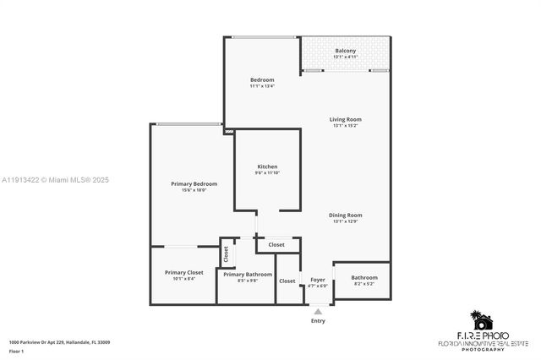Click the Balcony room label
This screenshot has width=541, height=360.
[345, 51]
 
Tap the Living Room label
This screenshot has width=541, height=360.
[345, 119]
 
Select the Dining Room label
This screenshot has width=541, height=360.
[345, 215]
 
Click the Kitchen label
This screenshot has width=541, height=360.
[267, 166]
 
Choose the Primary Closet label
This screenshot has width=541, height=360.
[183, 272]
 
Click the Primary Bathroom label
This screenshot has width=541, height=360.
[248, 274]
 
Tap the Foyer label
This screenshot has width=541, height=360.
[318, 279]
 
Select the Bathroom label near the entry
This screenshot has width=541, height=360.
[364, 277]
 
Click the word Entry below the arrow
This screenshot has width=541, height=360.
[318, 320]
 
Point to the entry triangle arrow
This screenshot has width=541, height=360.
[318, 311]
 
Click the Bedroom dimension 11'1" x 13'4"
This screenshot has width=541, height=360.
[261, 86]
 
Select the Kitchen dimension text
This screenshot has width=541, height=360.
[267, 173]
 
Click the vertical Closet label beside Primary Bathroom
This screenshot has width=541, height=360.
[226, 253]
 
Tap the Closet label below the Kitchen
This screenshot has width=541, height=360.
[276, 245]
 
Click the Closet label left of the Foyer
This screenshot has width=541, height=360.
[287, 281]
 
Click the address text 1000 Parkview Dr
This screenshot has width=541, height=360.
[59, 342]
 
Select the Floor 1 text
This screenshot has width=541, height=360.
[17, 351]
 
